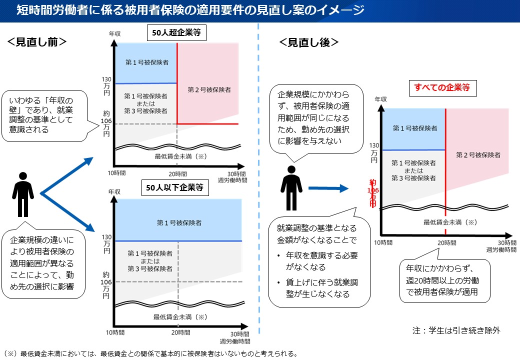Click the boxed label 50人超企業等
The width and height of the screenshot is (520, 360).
click(x=176, y=33)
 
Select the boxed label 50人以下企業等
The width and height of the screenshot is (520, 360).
click(x=175, y=187)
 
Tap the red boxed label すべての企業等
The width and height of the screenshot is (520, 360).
click(x=442, y=88)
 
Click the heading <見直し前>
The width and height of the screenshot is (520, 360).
click(x=37, y=42)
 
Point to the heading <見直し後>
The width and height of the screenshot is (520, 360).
click(x=309, y=42)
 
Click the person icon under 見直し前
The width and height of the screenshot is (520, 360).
click(x=23, y=194)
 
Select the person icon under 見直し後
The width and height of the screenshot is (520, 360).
click(x=291, y=188)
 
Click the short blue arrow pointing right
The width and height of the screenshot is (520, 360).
click(x=328, y=188)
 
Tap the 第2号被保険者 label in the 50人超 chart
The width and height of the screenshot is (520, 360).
click(x=209, y=90)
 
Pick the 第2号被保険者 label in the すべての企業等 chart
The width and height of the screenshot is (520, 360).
click(x=478, y=155)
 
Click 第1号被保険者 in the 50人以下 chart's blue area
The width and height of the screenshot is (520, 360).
click(x=179, y=223)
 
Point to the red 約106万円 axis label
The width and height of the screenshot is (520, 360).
click(x=373, y=193)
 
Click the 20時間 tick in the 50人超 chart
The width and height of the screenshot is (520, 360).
click(x=178, y=174)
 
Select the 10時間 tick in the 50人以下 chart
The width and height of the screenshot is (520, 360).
click(x=115, y=332)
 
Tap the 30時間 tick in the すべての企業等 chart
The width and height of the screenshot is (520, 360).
click(x=507, y=243)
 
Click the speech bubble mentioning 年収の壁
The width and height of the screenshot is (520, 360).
click(x=44, y=115)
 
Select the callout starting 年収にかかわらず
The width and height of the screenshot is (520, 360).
click(x=444, y=280)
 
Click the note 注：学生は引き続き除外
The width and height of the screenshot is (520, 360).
click(x=456, y=330)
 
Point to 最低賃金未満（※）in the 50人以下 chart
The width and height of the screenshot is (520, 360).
click(x=180, y=317)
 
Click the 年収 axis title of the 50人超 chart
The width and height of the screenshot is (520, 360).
click(x=114, y=34)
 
